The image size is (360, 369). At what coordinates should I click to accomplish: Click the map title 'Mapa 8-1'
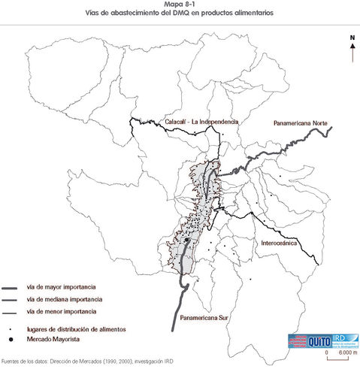(x=180, y=5)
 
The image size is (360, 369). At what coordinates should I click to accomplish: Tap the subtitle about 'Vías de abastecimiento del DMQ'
(x=180, y=14)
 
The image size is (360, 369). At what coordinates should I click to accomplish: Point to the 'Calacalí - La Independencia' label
(x=201, y=121)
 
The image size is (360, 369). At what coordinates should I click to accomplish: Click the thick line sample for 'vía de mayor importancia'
(x=11, y=288)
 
